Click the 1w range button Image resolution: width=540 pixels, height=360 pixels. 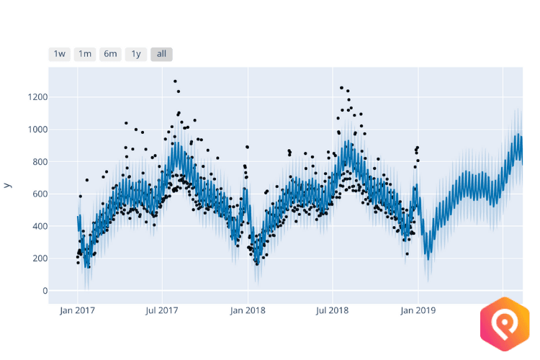(60, 54)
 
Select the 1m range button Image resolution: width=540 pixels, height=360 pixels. (85, 54)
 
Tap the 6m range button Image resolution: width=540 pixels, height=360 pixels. (110, 54)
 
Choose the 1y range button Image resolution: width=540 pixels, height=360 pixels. (135, 54)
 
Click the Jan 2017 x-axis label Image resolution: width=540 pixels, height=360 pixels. (77, 311)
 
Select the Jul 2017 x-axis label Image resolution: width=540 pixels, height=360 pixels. (161, 311)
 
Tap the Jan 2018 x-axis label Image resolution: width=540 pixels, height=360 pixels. (248, 311)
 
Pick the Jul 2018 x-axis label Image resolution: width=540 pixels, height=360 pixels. (332, 311)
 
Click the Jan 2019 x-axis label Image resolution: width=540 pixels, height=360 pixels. (418, 311)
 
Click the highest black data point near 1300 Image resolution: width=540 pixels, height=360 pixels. (175, 81)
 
